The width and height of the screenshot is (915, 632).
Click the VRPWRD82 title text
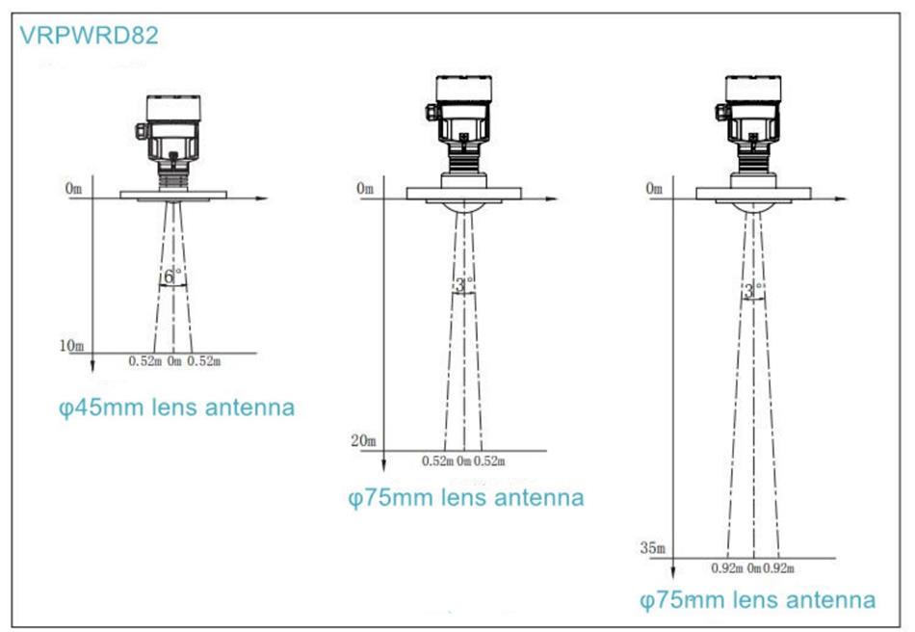89,36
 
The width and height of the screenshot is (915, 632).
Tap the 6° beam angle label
170,276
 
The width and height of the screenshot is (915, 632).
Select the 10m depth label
71,346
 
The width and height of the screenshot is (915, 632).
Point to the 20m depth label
363,440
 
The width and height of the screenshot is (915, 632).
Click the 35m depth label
652,548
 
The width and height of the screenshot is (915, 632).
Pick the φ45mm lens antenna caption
177,408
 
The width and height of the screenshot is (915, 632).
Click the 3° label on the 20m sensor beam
462,285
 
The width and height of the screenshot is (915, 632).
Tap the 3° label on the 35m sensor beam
752,290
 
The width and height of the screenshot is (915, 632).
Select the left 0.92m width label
726,567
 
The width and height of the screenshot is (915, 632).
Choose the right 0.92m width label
778,567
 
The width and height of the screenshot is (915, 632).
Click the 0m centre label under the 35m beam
754,567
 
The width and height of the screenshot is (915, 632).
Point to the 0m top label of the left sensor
73,188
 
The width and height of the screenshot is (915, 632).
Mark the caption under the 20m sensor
466,498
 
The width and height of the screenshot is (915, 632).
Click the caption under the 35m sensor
757,600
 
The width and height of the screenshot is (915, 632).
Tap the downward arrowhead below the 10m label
92,366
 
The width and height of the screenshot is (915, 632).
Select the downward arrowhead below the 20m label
383,465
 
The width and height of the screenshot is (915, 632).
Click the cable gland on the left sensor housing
141,131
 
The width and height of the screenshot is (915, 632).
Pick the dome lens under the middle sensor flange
464,207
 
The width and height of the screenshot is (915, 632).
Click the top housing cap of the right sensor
753,88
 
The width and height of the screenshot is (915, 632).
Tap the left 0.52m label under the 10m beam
144,361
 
